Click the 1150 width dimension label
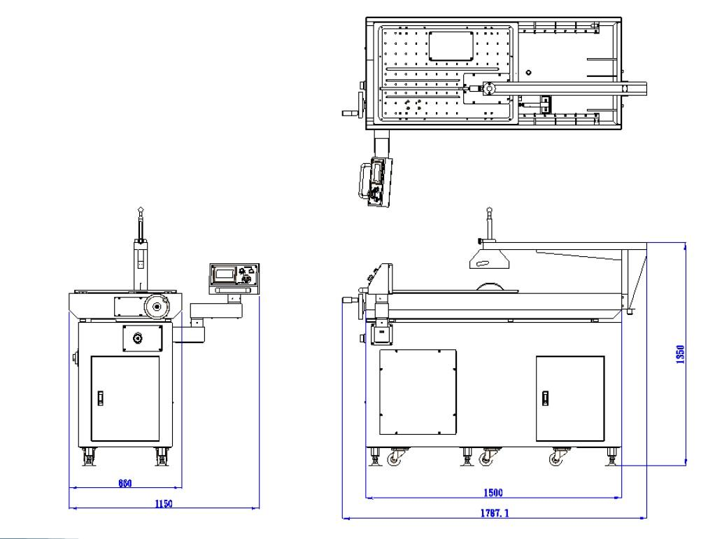click(164, 503)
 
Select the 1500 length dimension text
click(494, 493)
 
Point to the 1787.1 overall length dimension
click(494, 513)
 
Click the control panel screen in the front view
click(223, 274)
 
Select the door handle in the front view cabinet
click(100, 398)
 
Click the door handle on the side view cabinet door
click(546, 398)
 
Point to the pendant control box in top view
click(376, 181)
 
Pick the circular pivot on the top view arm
click(490, 89)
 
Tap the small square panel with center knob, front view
click(139, 338)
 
